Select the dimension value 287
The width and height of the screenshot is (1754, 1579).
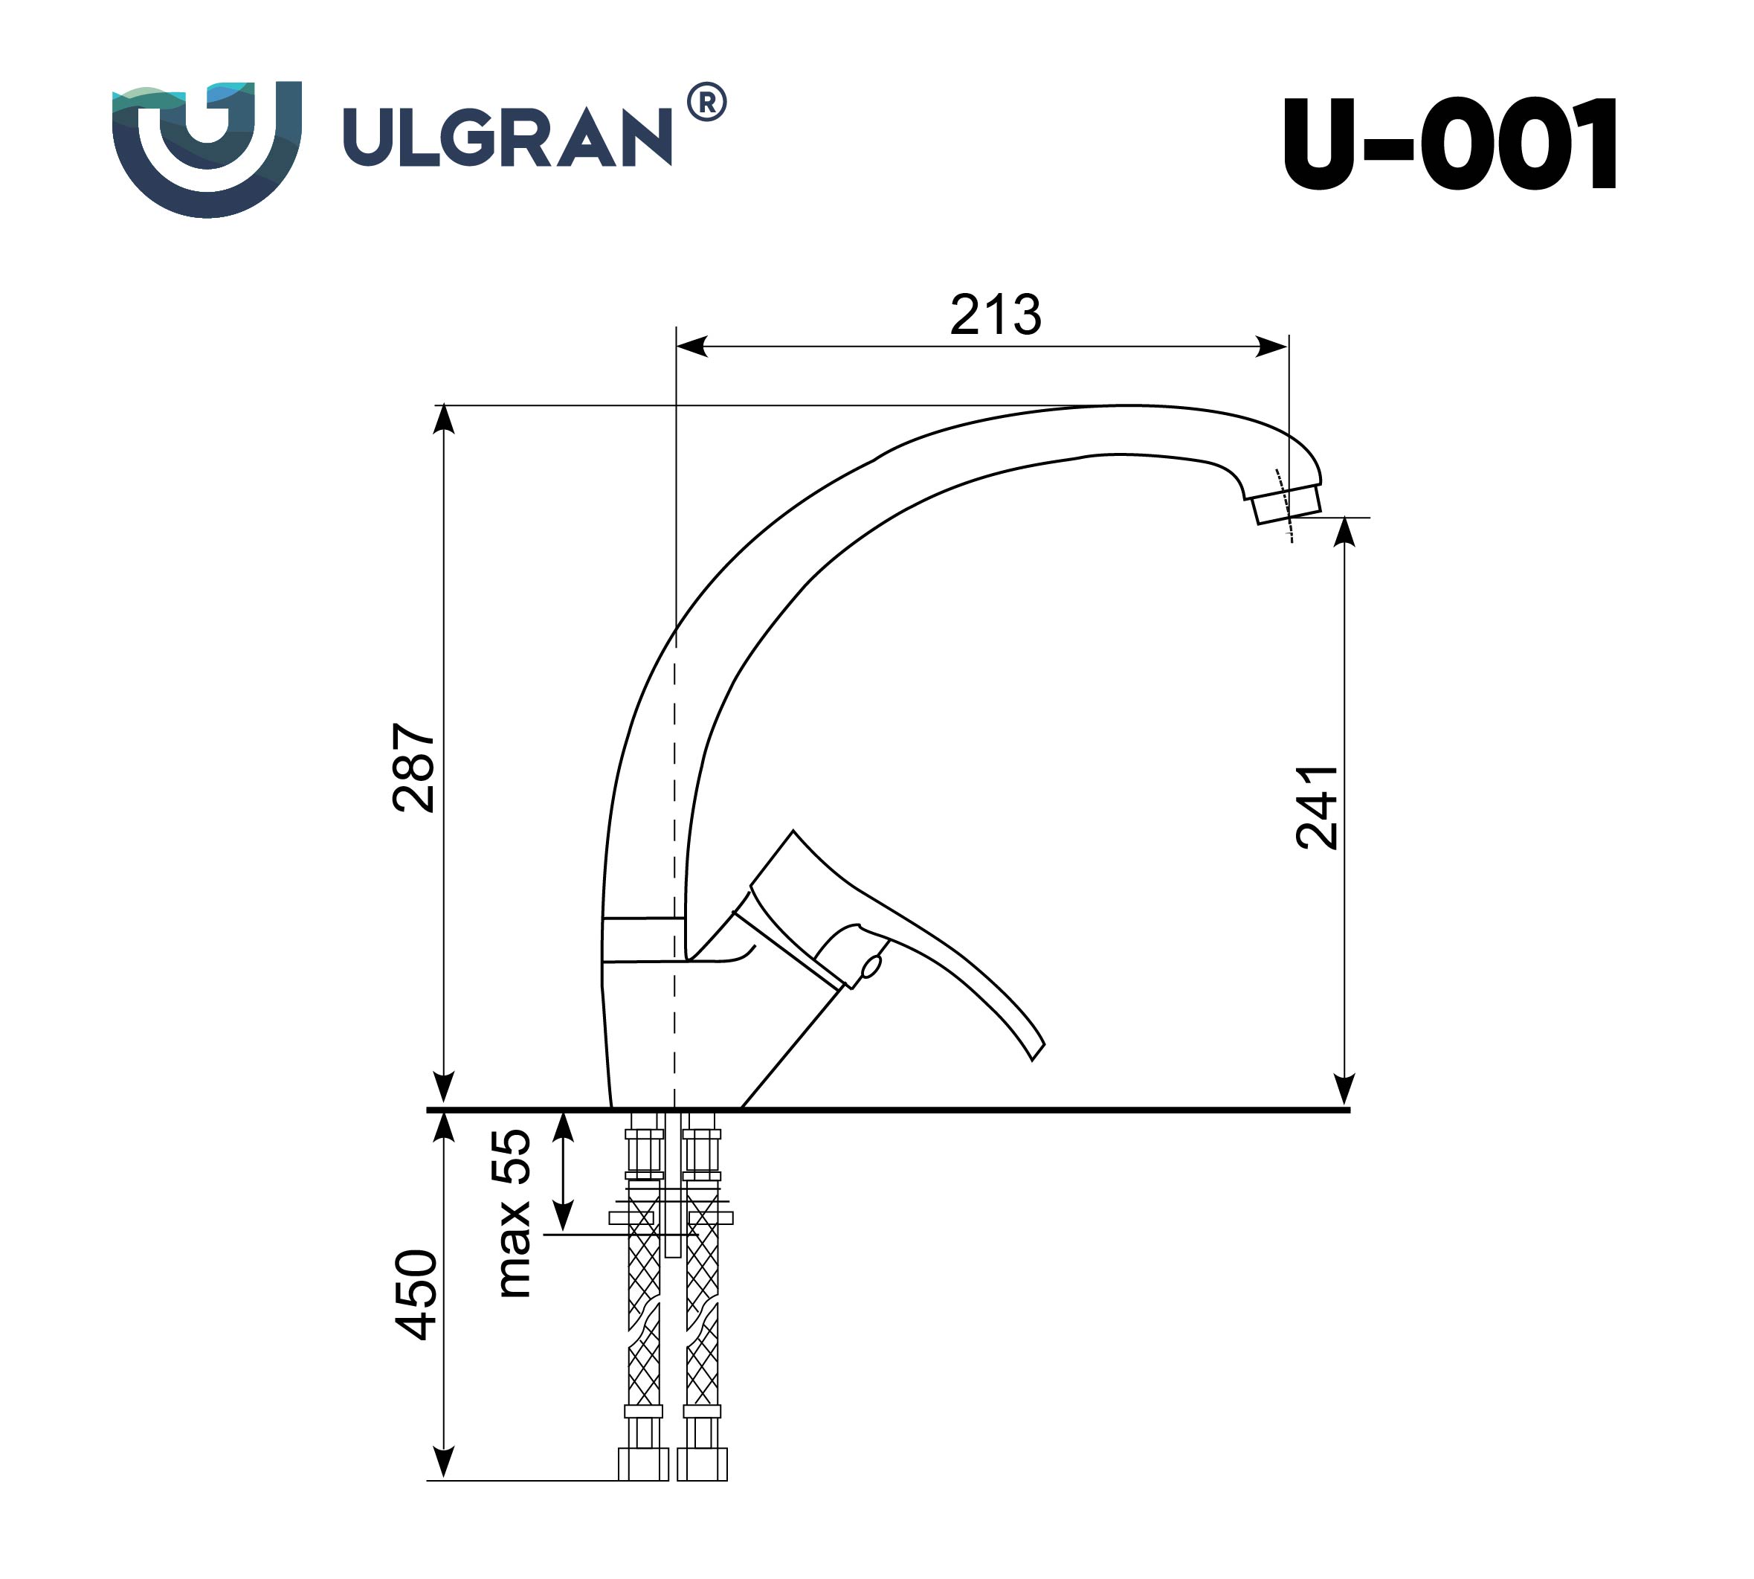413,767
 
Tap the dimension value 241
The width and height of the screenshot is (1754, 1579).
1316,807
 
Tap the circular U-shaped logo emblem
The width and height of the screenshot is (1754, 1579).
207,147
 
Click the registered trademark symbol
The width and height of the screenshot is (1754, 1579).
707,103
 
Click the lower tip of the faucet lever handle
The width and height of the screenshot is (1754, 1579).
1036,1051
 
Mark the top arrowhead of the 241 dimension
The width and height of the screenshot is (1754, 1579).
1344,531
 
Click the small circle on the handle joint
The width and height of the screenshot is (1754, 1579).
871,965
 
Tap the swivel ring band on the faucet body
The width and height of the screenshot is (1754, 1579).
639,939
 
